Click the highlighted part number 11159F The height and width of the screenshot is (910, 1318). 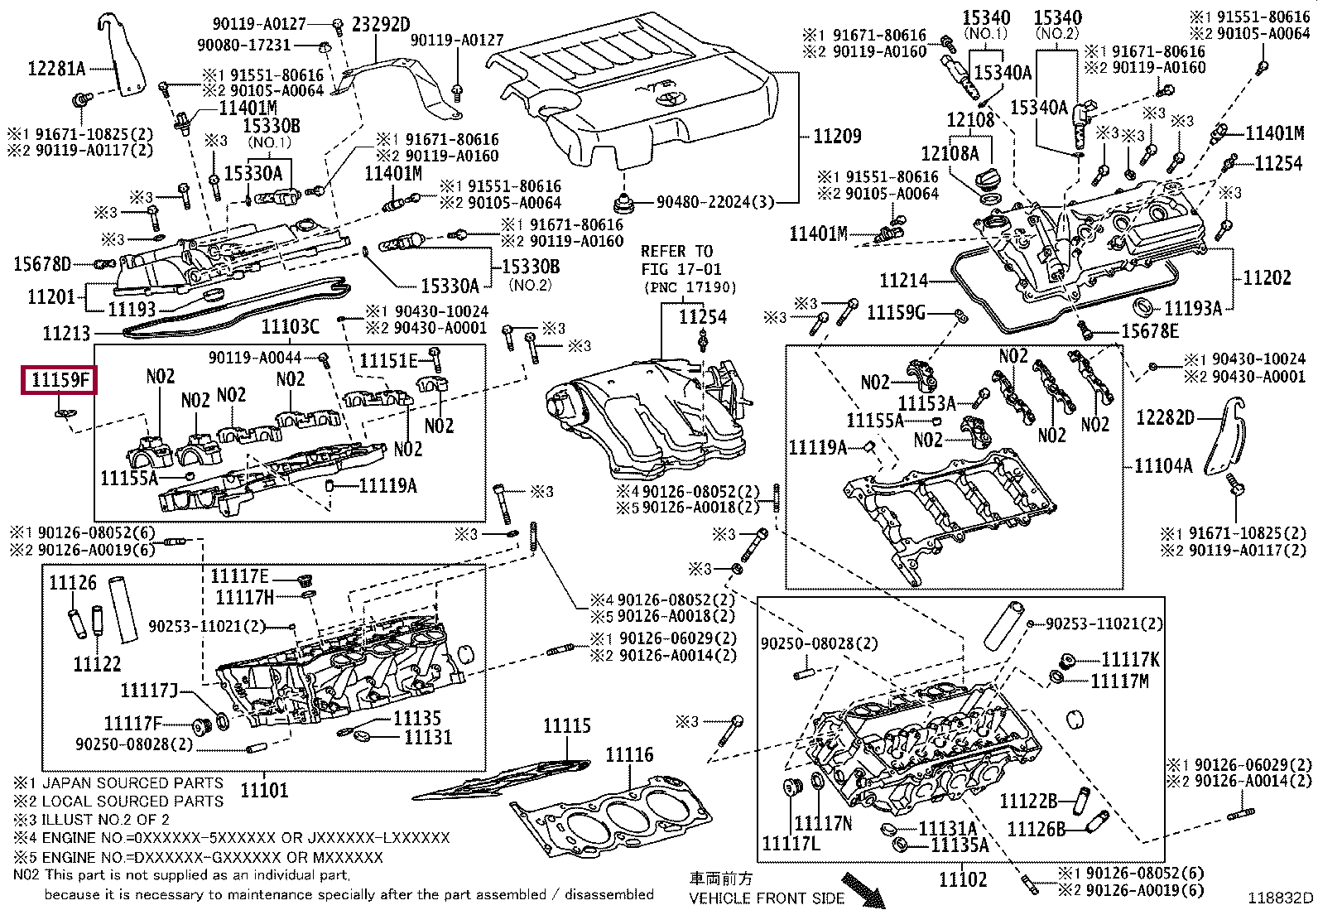[x=60, y=380]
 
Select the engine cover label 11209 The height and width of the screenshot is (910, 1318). [x=837, y=136]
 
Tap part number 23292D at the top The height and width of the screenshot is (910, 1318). [x=381, y=24]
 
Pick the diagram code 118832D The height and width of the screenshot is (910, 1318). [x=1281, y=897]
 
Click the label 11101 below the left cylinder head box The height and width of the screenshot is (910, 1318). [x=264, y=789]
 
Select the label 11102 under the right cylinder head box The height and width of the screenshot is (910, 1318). [x=963, y=879]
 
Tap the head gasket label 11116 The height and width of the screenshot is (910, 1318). [x=629, y=754]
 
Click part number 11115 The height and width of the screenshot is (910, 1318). [x=566, y=725]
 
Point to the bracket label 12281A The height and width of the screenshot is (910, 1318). [x=56, y=69]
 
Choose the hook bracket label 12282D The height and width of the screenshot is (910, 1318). [x=1165, y=417]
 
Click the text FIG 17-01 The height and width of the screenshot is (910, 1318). [x=681, y=269]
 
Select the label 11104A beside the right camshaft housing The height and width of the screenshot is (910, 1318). [x=1162, y=465]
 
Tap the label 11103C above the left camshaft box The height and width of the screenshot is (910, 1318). [x=290, y=326]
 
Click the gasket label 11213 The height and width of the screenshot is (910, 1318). [x=66, y=333]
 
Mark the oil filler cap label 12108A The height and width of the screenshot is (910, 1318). [x=950, y=154]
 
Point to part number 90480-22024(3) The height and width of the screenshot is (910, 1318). [x=715, y=202]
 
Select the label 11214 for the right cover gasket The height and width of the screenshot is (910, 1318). [x=903, y=280]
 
